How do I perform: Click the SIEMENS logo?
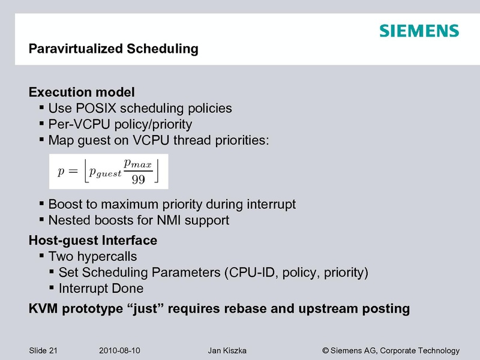[419, 31]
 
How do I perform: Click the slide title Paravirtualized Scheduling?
[113, 49]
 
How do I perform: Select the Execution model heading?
[82, 93]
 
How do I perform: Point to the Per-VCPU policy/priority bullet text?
[120, 124]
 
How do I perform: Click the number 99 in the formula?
[138, 179]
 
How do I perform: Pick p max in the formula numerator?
[138, 163]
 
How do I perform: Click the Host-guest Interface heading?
[93, 241]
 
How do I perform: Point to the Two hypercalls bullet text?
[92, 257]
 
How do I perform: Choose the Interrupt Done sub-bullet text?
[101, 289]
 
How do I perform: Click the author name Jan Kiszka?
[226, 350]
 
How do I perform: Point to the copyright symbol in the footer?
[326, 350]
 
